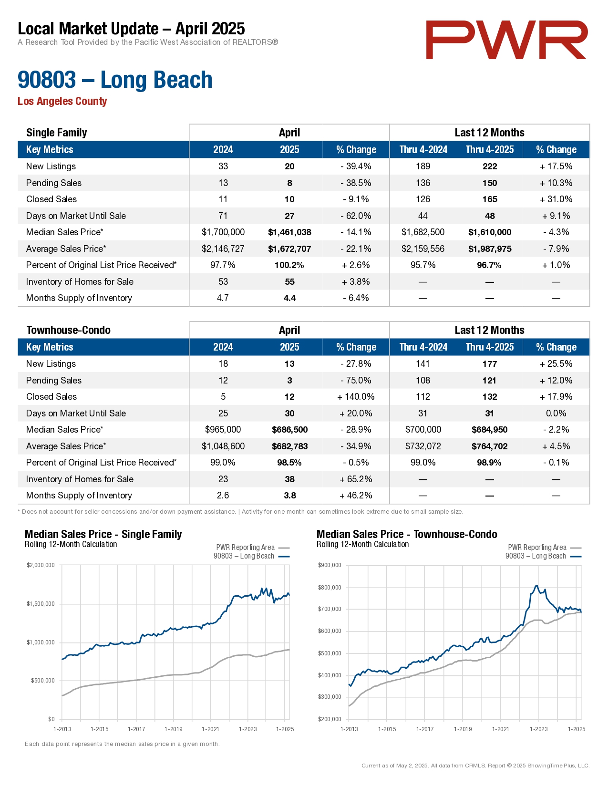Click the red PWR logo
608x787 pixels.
(506, 40)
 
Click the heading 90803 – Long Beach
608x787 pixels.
(115, 80)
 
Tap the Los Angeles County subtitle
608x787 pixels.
(62, 101)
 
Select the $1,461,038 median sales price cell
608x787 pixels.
(289, 232)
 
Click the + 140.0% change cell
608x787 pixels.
(356, 397)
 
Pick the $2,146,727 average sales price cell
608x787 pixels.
(223, 249)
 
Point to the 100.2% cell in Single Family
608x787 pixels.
(289, 265)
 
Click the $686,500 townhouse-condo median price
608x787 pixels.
(289, 430)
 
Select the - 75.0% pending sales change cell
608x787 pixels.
(356, 381)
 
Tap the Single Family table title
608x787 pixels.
(56, 133)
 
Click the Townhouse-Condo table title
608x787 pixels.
(68, 330)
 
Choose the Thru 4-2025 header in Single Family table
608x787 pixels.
(489, 150)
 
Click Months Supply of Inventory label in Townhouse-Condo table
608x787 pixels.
(79, 496)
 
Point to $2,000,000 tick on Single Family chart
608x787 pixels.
(41, 565)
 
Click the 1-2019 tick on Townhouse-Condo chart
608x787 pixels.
(463, 729)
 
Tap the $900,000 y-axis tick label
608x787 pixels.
(330, 565)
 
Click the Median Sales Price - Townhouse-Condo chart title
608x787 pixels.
(407, 534)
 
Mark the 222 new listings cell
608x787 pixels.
(489, 166)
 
